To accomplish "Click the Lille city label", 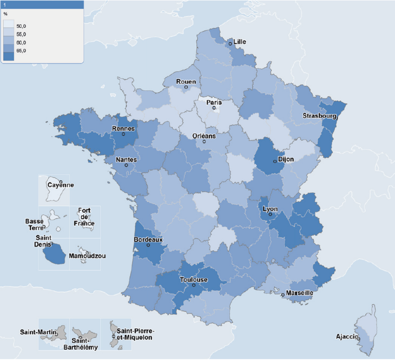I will [x=240, y=42].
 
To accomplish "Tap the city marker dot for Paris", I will [x=214, y=108].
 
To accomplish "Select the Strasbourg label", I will [x=319, y=115].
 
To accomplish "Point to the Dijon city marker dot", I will [x=275, y=162].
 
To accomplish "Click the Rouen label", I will [x=186, y=82].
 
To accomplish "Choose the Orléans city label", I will [x=204, y=136].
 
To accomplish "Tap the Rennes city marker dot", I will [x=124, y=134].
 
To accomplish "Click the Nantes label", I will [x=126, y=159].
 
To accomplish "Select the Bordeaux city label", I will [x=148, y=239].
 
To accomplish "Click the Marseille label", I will [x=299, y=293].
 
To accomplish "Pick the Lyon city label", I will [x=270, y=209].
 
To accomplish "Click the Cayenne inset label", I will [x=60, y=185].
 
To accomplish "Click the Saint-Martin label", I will [x=38, y=332].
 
